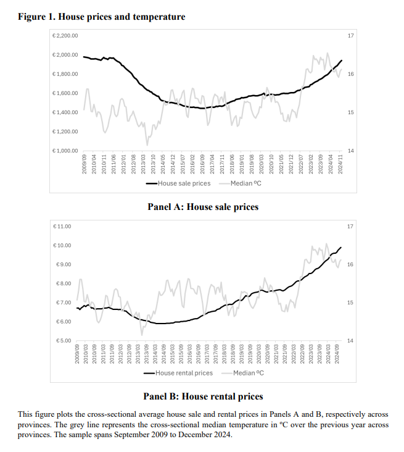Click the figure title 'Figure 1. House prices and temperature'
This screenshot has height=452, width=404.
point(102,17)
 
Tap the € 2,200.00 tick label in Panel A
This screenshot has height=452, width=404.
point(65,36)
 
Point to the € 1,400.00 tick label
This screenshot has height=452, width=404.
point(65,112)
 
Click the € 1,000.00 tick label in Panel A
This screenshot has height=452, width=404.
point(65,151)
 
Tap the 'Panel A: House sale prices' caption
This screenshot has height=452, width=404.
point(203,207)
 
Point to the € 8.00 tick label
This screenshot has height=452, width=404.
point(64,283)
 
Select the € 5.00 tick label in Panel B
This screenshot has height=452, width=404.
point(64,341)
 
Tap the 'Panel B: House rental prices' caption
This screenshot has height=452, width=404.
point(203,396)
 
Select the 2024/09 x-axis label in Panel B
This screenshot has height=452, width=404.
point(338,356)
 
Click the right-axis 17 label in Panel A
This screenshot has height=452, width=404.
point(350,36)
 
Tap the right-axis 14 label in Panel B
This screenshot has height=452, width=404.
point(350,341)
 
